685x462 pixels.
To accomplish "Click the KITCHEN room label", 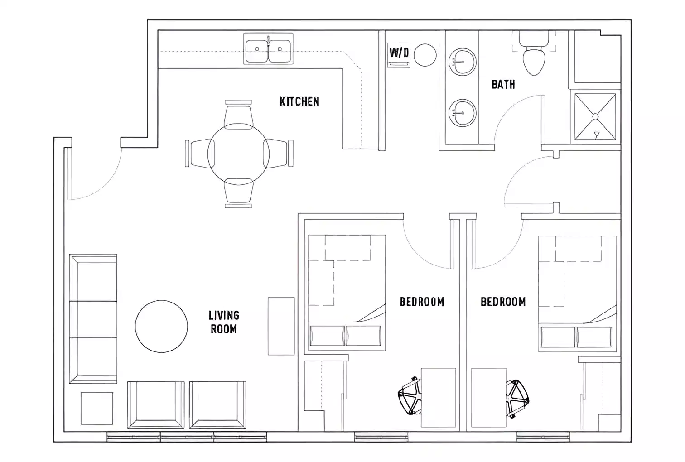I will click(x=299, y=101).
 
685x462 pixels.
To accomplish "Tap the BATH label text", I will click(x=503, y=84).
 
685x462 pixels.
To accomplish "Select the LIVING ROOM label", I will click(x=224, y=322).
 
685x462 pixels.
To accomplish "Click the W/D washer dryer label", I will click(x=399, y=53).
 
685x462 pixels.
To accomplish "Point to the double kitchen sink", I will click(x=268, y=48).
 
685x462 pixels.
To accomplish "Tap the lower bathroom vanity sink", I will click(x=462, y=113).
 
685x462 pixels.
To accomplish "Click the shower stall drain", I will click(x=595, y=117).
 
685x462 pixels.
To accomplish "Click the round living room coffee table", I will click(x=161, y=326).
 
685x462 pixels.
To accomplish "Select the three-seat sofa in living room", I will click(x=93, y=319).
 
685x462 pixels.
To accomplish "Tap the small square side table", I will click(x=96, y=408).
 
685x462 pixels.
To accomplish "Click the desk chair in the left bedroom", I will click(x=410, y=395).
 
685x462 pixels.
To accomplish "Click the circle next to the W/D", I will click(x=425, y=55).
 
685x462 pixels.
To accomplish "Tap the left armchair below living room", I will click(x=155, y=404).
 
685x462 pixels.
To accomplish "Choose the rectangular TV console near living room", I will click(x=281, y=326).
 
